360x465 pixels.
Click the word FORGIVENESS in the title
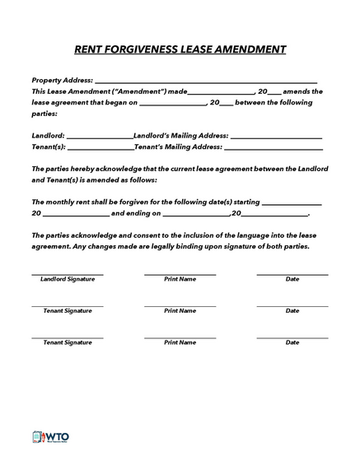click(x=157, y=49)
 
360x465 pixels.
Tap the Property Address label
click(x=63, y=80)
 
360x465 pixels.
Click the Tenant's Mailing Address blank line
click(x=274, y=149)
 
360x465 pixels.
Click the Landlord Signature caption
click(x=68, y=279)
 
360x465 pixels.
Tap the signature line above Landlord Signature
click(x=68, y=273)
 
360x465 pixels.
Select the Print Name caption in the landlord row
click(x=180, y=279)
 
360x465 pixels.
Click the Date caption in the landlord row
click(x=292, y=279)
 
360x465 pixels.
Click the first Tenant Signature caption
click(x=68, y=311)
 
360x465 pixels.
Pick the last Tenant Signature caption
click(x=68, y=342)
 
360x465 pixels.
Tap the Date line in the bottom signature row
click(x=292, y=337)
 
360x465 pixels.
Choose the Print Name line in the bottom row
click(x=180, y=337)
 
